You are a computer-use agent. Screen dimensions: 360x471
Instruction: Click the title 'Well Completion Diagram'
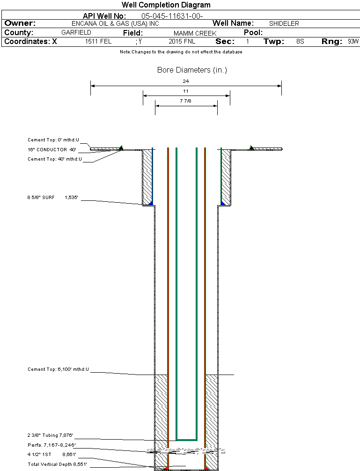[166, 5]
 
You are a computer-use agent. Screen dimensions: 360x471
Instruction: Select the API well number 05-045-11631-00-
[172, 16]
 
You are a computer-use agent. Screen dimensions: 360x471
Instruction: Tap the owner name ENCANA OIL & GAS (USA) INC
[115, 24]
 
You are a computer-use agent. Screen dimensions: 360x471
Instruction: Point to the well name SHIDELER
[284, 24]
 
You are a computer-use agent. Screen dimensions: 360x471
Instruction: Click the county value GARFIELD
[76, 32]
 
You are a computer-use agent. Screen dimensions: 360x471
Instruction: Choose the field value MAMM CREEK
[195, 33]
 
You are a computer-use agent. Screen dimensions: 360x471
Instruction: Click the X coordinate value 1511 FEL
[98, 42]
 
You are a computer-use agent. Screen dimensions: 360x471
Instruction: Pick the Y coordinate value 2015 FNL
[182, 42]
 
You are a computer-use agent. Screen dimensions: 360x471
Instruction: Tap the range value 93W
[353, 42]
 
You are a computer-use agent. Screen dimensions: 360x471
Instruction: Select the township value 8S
[300, 42]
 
